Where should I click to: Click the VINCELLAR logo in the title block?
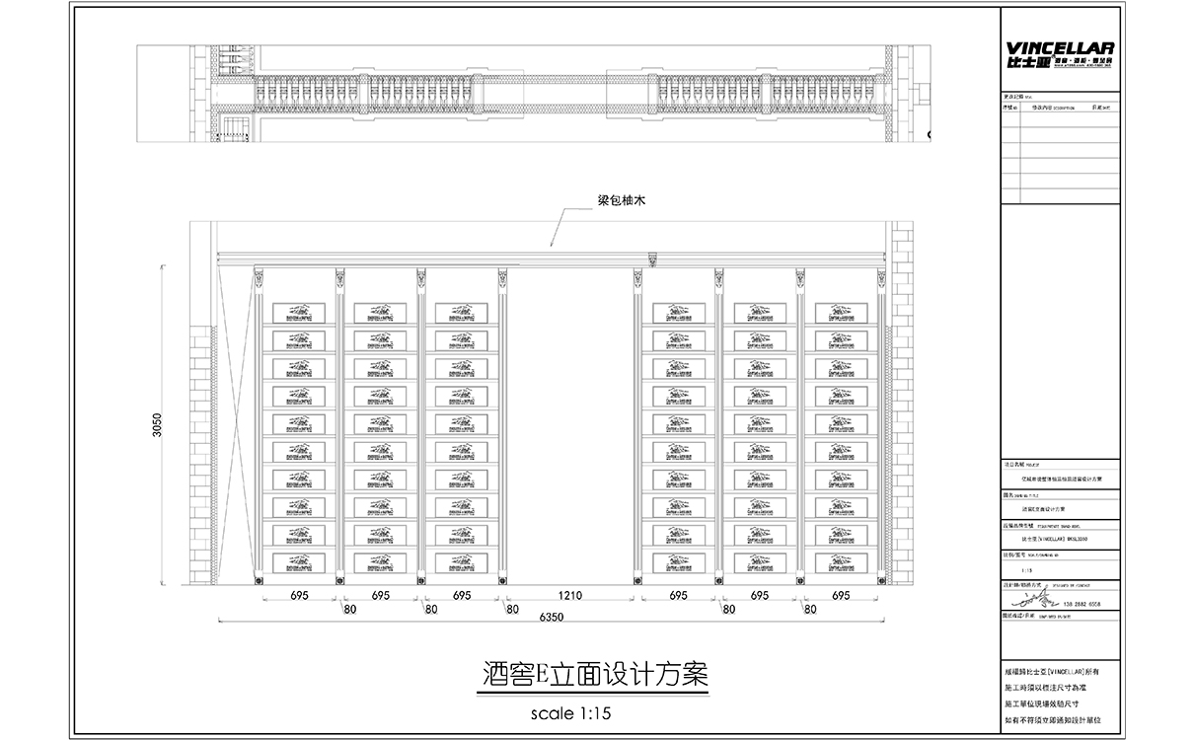click(x=1059, y=53)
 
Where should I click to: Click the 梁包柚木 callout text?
click(x=621, y=200)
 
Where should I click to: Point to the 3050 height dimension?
click(x=158, y=426)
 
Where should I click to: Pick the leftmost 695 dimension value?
click(x=299, y=596)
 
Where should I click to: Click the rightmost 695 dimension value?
click(x=841, y=596)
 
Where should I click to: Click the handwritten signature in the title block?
click(x=1032, y=598)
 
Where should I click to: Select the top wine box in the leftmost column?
click(x=298, y=312)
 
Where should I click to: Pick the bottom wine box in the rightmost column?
click(x=841, y=562)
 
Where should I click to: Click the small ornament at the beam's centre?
click(x=651, y=260)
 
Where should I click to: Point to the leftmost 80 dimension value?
click(x=349, y=610)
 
